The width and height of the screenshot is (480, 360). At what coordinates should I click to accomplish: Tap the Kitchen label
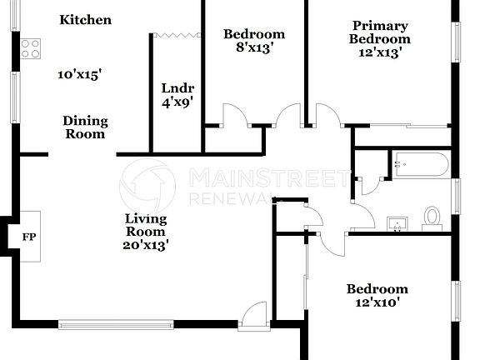point(85,20)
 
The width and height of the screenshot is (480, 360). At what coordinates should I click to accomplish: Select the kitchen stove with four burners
point(31,49)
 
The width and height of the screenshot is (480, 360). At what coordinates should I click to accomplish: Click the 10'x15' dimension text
point(80,74)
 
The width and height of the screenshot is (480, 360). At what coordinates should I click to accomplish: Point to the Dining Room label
point(85,127)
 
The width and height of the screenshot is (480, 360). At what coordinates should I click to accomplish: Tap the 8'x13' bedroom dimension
point(253,49)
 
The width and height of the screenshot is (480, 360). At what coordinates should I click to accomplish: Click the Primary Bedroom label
point(379,32)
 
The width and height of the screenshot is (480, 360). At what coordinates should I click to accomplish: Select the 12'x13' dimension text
point(379,52)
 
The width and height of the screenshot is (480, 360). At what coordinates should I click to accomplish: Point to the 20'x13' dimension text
point(146,245)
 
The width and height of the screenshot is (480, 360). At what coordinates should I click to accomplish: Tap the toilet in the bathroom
point(432,217)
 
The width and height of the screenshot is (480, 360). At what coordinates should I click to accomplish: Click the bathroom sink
point(397,222)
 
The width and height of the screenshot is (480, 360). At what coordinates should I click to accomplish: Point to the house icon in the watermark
point(148,185)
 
